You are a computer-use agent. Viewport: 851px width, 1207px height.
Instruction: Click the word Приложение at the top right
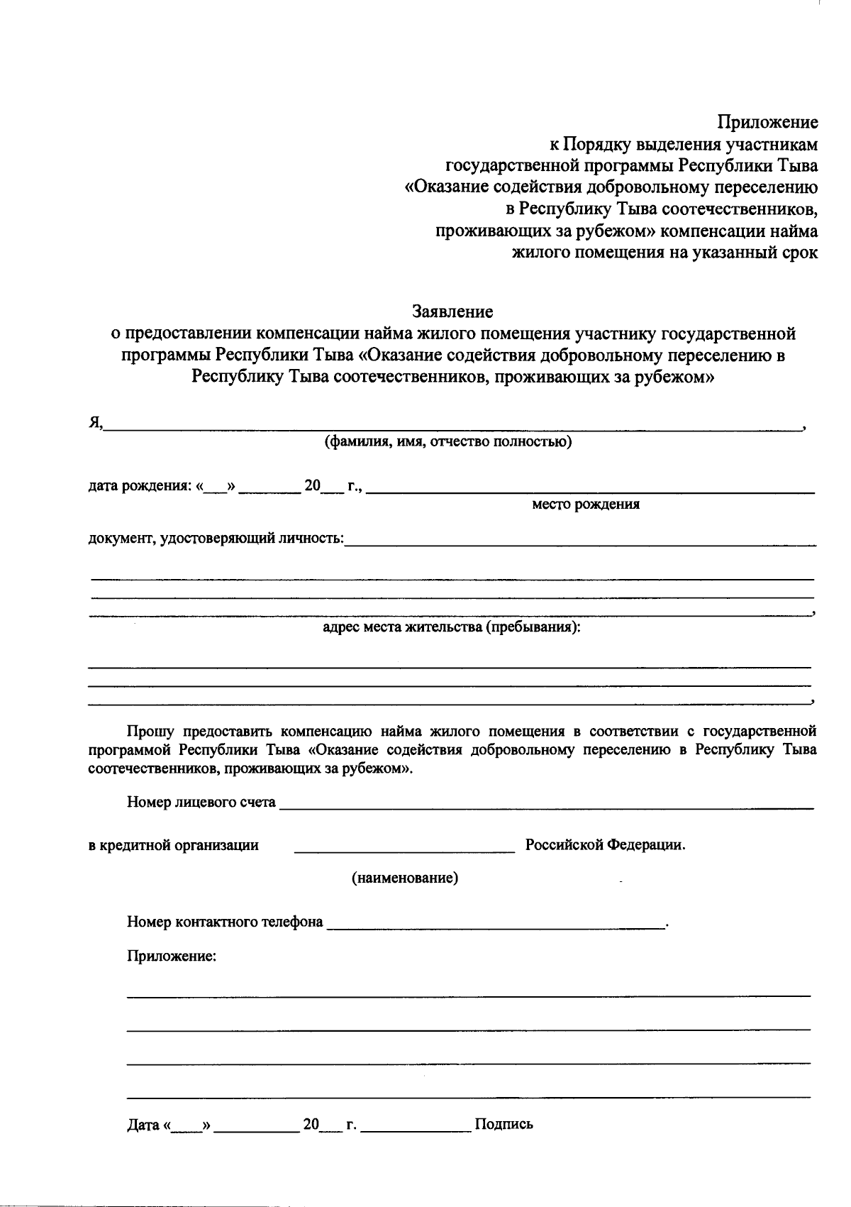[767, 123]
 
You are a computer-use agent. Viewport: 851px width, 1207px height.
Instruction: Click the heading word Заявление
[452, 312]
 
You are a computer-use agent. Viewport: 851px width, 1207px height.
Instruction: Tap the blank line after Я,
[454, 426]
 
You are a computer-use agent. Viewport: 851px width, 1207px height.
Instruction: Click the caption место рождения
[586, 505]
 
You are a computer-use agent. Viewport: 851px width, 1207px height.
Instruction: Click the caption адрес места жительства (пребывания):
[452, 627]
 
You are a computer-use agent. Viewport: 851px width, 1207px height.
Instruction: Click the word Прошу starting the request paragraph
[150, 731]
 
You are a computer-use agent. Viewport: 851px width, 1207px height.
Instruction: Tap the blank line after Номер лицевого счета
[546, 805]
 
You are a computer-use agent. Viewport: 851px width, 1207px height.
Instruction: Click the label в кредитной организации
[173, 846]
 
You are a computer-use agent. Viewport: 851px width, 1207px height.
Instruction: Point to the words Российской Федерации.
[605, 846]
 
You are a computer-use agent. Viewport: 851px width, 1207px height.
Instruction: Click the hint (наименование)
[405, 878]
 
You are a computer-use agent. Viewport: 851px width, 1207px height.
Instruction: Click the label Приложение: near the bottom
[171, 956]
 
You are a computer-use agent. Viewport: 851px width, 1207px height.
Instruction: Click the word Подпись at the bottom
[504, 1124]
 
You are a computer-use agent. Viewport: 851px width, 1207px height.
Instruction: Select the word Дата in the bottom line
[143, 1125]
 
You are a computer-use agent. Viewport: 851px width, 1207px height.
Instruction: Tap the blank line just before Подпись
[416, 1128]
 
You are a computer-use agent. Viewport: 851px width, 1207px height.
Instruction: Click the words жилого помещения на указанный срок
[664, 253]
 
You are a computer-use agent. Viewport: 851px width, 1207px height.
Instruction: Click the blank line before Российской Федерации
[404, 849]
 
